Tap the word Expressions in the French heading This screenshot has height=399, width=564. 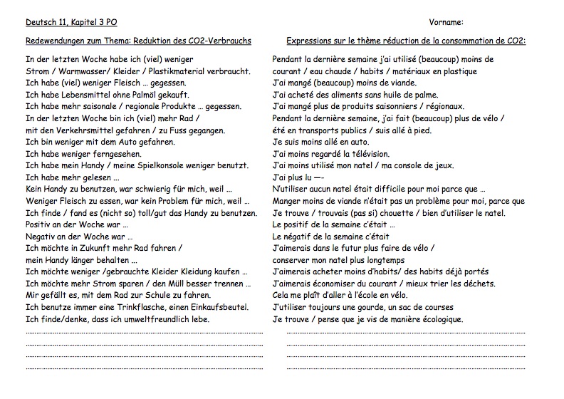click(311, 41)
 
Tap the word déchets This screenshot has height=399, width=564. click(478, 284)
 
